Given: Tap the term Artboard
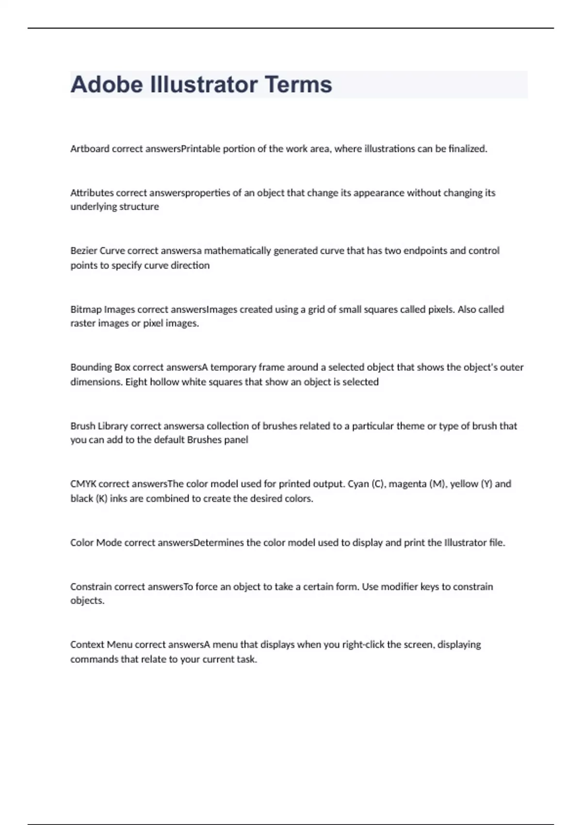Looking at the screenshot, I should [x=90, y=149].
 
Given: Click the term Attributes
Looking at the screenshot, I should [x=92, y=193].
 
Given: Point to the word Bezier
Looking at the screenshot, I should [x=83, y=251].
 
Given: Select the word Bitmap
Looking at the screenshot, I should [x=86, y=309].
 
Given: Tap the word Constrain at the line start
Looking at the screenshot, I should [x=91, y=586].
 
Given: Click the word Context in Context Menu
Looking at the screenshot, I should [x=87, y=644].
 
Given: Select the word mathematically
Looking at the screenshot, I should [x=237, y=251].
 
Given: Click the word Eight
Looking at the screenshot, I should [x=136, y=382].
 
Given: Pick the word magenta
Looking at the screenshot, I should [x=407, y=484].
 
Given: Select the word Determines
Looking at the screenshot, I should [x=218, y=543].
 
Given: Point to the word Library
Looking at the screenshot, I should [x=113, y=426].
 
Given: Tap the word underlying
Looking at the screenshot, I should [x=92, y=207].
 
